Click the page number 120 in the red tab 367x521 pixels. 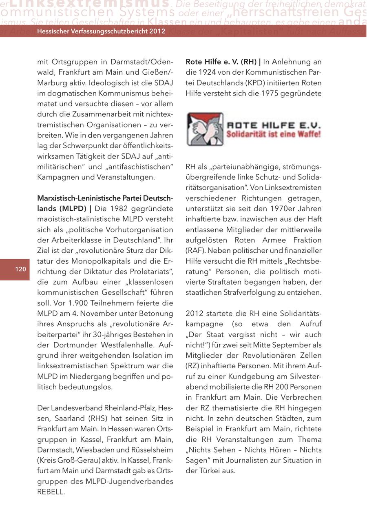(x=21, y=269)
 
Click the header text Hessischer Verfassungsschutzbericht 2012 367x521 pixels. (x=101, y=31)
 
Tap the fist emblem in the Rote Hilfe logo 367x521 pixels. (x=205, y=129)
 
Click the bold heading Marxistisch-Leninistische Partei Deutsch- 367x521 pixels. (x=105, y=198)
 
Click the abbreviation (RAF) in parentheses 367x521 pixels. (x=195, y=250)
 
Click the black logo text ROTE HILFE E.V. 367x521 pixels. (x=274, y=125)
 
